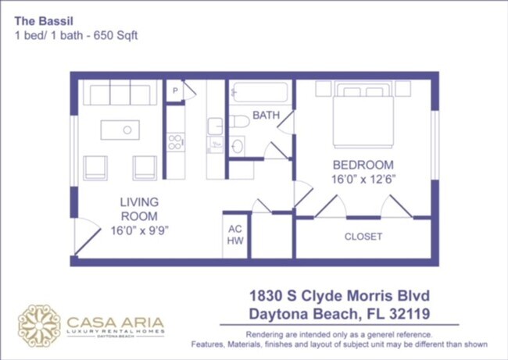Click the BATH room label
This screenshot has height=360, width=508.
[266, 116]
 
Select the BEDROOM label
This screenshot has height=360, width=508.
[363, 165]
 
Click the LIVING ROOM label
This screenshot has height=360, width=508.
[139, 209]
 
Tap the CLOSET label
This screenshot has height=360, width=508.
[363, 236]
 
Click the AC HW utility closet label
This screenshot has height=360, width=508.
[234, 235]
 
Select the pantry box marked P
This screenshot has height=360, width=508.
[175, 91]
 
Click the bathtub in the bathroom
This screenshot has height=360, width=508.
[259, 94]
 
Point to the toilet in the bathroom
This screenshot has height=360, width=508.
[238, 121]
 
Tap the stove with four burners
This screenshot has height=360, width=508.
[176, 142]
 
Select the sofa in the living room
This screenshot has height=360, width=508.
[120, 94]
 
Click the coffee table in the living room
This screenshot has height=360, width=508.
[127, 129]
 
